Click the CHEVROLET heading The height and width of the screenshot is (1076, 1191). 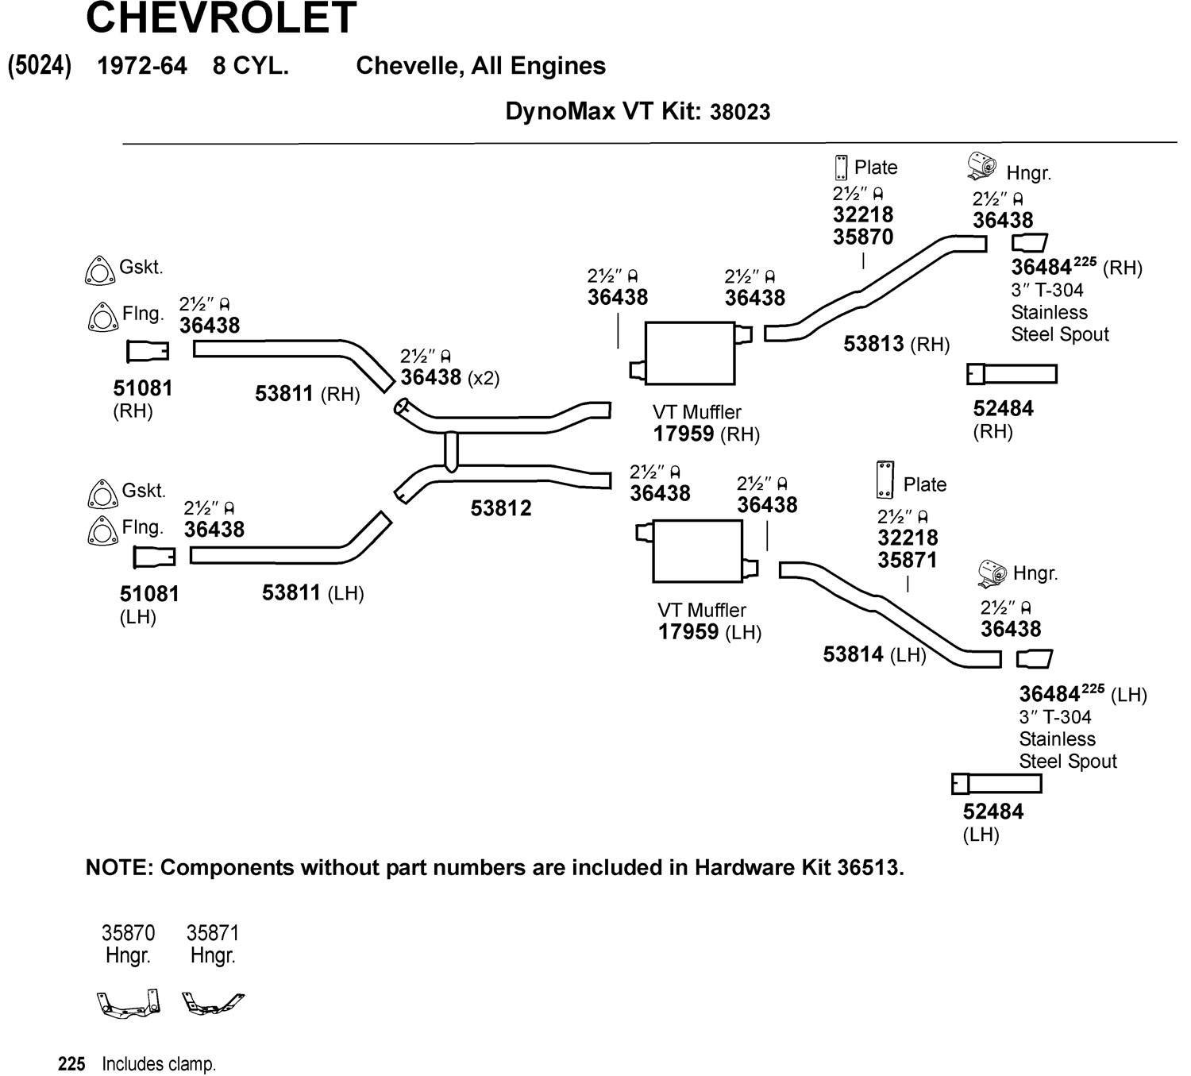[221, 17]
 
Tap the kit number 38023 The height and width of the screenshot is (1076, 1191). [740, 112]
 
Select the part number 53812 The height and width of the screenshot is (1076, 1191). [500, 508]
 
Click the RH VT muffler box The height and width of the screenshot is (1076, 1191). [689, 353]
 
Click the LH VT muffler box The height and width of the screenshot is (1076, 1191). [697, 551]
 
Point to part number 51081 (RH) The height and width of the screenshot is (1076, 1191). [143, 388]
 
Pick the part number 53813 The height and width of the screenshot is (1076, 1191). [873, 344]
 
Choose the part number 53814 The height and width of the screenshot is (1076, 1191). [853, 654]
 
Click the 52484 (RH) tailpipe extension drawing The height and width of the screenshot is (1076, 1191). [1012, 373]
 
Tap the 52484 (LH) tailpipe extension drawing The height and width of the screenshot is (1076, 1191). [996, 784]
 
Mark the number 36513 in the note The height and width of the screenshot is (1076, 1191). [869, 868]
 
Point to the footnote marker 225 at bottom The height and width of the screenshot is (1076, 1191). [71, 1064]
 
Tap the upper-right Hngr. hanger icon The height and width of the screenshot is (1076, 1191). [982, 167]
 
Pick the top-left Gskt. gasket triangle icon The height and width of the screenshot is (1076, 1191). [97, 271]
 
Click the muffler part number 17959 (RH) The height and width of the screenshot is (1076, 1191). [685, 434]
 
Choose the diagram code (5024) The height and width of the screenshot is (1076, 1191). [40, 65]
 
